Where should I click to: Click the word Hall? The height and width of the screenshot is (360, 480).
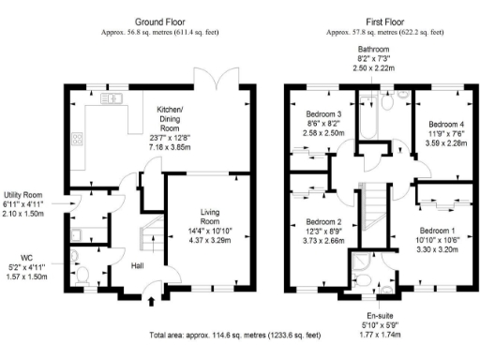[x=137, y=265]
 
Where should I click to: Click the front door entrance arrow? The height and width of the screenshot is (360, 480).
[x=153, y=302]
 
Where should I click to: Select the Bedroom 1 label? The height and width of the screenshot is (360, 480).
[x=436, y=231]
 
